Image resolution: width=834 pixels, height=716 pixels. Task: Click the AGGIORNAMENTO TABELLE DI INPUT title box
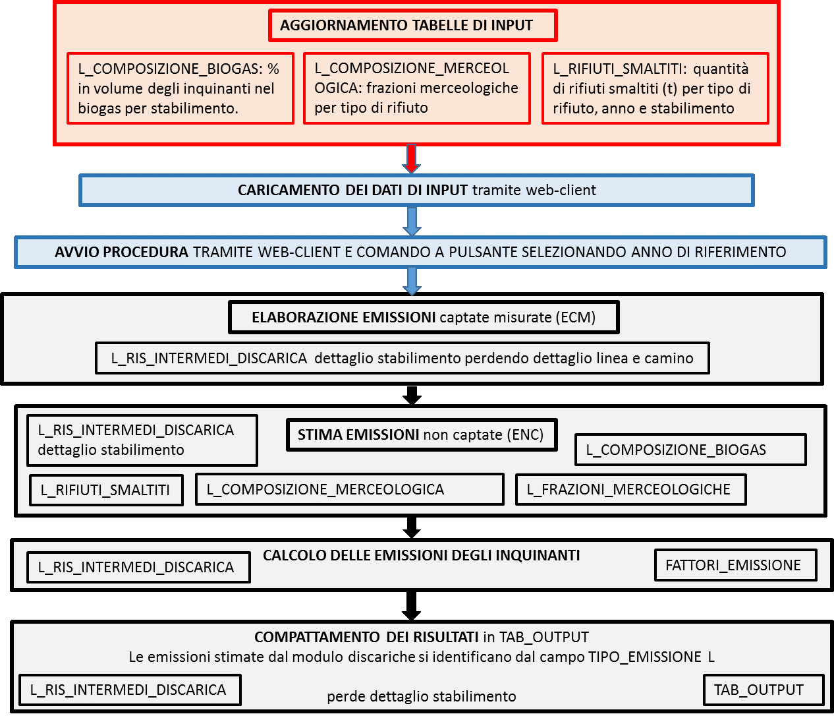(413, 26)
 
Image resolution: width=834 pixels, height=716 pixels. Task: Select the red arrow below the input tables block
(411, 158)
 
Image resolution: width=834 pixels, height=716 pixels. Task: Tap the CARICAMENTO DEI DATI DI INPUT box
(416, 190)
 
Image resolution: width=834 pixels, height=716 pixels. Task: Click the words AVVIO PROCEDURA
(121, 252)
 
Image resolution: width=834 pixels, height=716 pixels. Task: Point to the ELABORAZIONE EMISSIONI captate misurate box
(424, 317)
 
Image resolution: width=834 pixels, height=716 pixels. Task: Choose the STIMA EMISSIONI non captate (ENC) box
(422, 435)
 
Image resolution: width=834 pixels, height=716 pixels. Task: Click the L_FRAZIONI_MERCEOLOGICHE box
(631, 489)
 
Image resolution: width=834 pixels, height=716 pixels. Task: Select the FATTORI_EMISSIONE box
(736, 565)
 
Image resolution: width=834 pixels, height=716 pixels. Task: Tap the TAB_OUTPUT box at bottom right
(764, 690)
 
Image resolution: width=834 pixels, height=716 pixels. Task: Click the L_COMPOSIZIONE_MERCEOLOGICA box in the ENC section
(350, 489)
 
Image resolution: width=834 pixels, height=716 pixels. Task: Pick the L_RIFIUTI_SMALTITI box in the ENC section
(107, 490)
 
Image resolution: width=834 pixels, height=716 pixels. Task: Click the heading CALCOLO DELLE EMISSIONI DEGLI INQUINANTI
(421, 555)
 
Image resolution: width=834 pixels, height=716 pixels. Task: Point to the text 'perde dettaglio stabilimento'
(422, 697)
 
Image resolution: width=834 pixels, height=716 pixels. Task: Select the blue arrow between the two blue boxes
(412, 222)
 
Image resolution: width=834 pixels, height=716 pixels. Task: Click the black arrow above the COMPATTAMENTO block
(412, 605)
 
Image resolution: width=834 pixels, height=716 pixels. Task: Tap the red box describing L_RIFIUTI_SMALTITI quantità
(655, 88)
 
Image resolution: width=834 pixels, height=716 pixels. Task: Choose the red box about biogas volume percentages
(181, 88)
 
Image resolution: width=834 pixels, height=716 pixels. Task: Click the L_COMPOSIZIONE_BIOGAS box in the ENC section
(691, 450)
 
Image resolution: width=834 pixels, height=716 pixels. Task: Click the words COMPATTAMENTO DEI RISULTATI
(366, 637)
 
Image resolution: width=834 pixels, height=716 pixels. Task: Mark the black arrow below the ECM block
(412, 395)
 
